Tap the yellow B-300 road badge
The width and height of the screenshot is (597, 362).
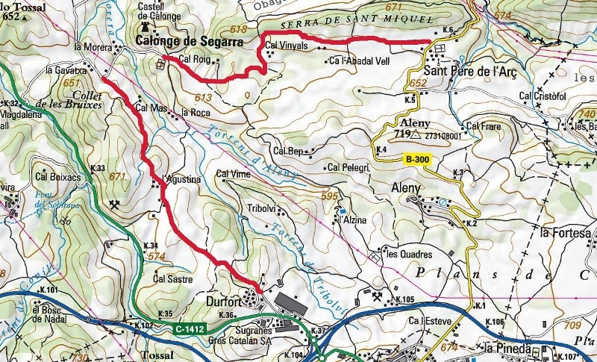tap(418, 158)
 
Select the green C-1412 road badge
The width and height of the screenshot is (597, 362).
tap(190, 328)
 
